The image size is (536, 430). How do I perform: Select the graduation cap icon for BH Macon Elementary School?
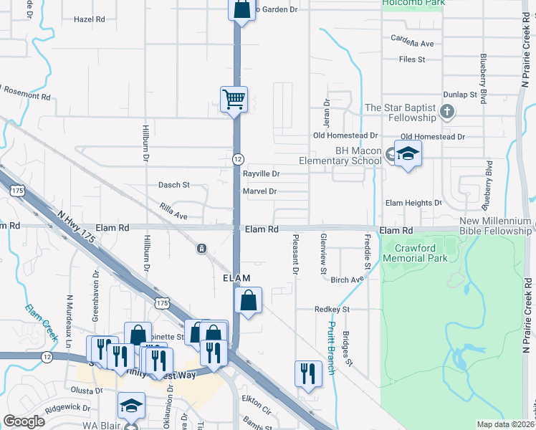[x=408, y=153]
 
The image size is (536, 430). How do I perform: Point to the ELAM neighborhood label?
[x=236, y=278]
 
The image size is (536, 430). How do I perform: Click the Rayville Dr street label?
[x=260, y=174]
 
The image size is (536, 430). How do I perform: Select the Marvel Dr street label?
[x=259, y=191]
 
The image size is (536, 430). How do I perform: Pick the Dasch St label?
[x=174, y=185]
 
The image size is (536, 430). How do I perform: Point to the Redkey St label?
[x=331, y=309]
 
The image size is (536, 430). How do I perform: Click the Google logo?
[x=24, y=421]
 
